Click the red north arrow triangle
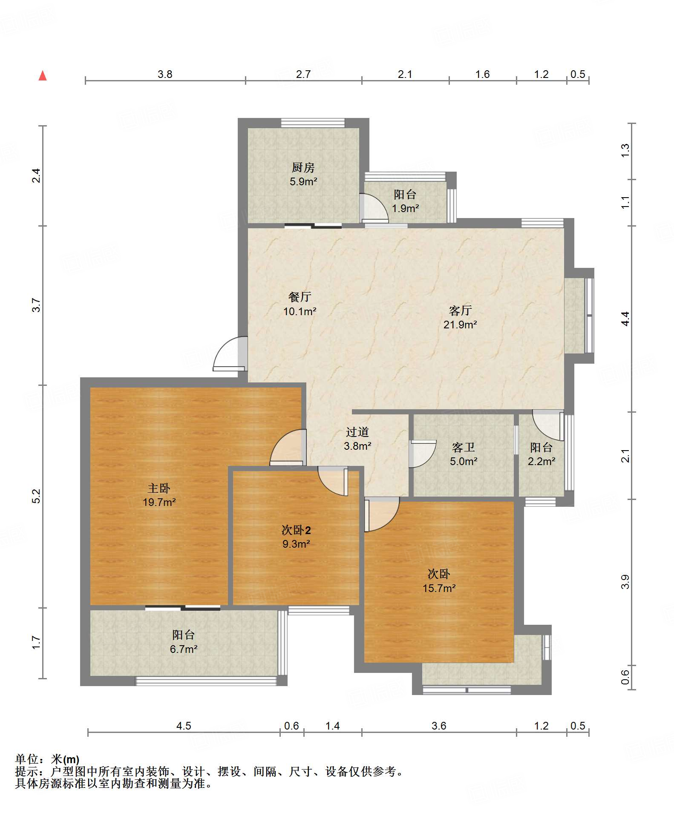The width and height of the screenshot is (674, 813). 43,76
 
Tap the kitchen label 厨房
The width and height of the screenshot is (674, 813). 303,168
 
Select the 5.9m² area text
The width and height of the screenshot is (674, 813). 303,182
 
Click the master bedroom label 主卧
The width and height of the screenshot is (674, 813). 159,488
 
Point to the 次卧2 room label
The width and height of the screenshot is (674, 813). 296,530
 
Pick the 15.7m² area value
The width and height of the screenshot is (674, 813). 439,588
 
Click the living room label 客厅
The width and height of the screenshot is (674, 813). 460,310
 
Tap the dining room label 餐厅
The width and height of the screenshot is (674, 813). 300,297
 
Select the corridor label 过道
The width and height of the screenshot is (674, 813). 357,432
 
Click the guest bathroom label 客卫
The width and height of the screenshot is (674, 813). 463,447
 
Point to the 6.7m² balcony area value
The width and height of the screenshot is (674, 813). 184,649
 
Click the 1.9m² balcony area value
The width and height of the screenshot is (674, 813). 405,209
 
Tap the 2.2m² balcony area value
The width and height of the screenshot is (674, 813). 542,461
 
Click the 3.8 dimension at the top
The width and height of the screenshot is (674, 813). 165,74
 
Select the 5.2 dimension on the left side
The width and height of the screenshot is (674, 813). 36,496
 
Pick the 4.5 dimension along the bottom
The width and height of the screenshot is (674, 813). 184,726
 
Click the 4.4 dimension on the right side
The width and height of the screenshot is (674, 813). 625,319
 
